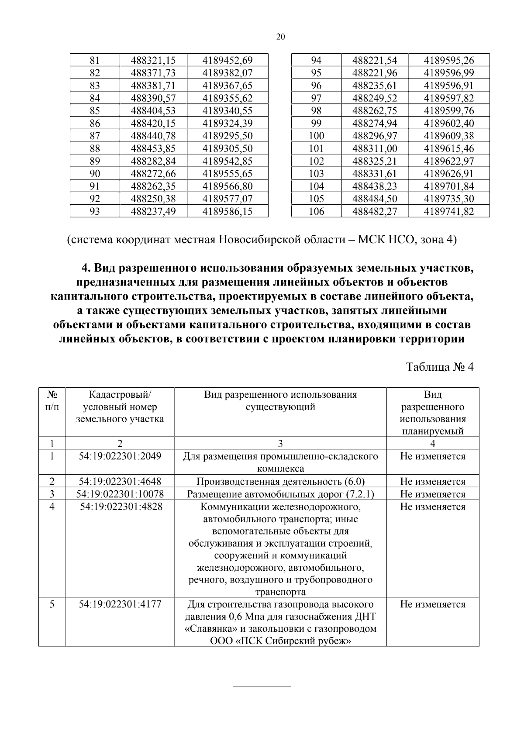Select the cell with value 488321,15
coord(153,60)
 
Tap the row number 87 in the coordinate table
coord(95,136)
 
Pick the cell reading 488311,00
coord(375,148)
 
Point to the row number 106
coord(316,212)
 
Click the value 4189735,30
coord(449,199)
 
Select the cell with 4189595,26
coord(449,60)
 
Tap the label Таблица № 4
coord(440,366)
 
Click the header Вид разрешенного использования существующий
coord(280,401)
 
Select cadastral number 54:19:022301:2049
coord(120,456)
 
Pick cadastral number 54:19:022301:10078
coord(120,494)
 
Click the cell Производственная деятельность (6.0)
coord(280,482)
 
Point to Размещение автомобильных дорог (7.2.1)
coord(280,494)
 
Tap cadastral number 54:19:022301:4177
coord(120,604)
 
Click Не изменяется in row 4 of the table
coord(433,507)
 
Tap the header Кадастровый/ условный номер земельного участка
coord(120,407)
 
